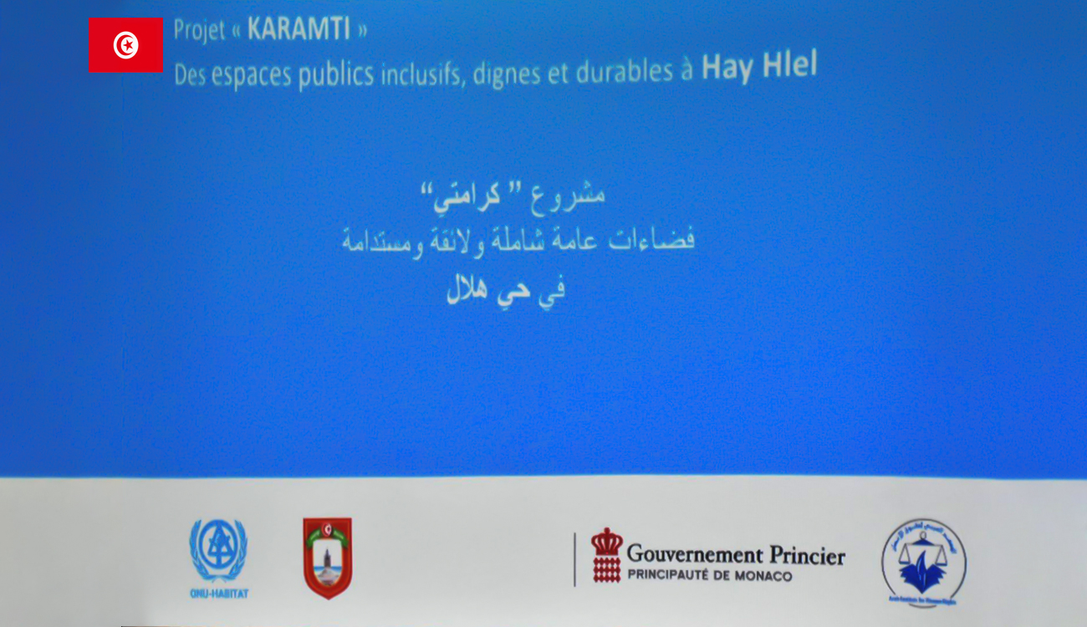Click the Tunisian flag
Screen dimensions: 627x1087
tap(125, 45)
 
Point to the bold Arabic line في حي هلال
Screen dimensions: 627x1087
tap(506, 290)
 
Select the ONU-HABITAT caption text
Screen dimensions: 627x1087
tap(218, 594)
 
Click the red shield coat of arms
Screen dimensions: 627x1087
tap(327, 558)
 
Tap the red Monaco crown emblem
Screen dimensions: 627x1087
tap(607, 555)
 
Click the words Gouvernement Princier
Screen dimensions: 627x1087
tap(736, 554)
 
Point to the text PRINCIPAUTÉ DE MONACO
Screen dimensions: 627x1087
tap(709, 576)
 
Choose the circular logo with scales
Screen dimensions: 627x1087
tap(923, 561)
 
